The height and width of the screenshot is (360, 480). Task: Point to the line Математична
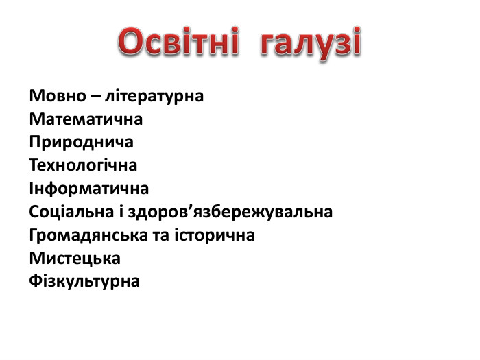[86, 119]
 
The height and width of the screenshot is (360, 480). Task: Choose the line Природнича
[81, 143]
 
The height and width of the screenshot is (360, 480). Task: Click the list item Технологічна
[83, 165]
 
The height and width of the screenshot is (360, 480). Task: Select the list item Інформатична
[88, 189]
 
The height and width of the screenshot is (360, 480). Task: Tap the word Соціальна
[69, 212]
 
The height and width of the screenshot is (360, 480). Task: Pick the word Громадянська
[77, 235]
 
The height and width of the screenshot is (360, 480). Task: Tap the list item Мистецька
[75, 259]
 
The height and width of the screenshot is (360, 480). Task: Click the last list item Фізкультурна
[84, 281]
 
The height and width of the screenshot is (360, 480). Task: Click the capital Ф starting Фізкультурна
[36, 281]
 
